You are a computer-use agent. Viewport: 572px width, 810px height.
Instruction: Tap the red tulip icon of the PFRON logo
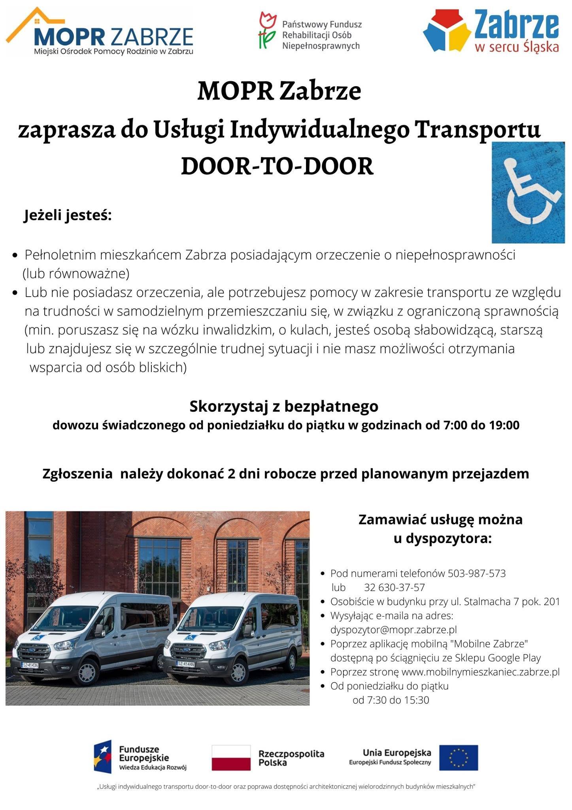click(268, 30)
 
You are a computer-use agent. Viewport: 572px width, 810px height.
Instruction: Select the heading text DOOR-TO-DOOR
click(277, 167)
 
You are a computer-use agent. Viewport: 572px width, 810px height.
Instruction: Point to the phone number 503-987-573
click(476, 573)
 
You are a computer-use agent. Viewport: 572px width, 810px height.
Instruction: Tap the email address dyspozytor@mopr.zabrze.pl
click(393, 629)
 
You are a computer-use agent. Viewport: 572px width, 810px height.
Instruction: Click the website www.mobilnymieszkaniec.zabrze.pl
click(480, 672)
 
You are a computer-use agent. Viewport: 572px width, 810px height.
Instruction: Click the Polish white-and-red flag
click(231, 757)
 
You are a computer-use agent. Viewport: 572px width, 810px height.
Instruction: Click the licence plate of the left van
click(30, 665)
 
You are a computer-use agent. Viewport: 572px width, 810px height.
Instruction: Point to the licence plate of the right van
click(186, 664)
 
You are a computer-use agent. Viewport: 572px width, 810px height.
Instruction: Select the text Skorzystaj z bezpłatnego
click(284, 406)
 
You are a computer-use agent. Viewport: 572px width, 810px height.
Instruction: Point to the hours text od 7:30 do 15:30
click(391, 700)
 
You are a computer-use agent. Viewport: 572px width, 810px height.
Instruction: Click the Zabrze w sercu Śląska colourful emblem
click(447, 32)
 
